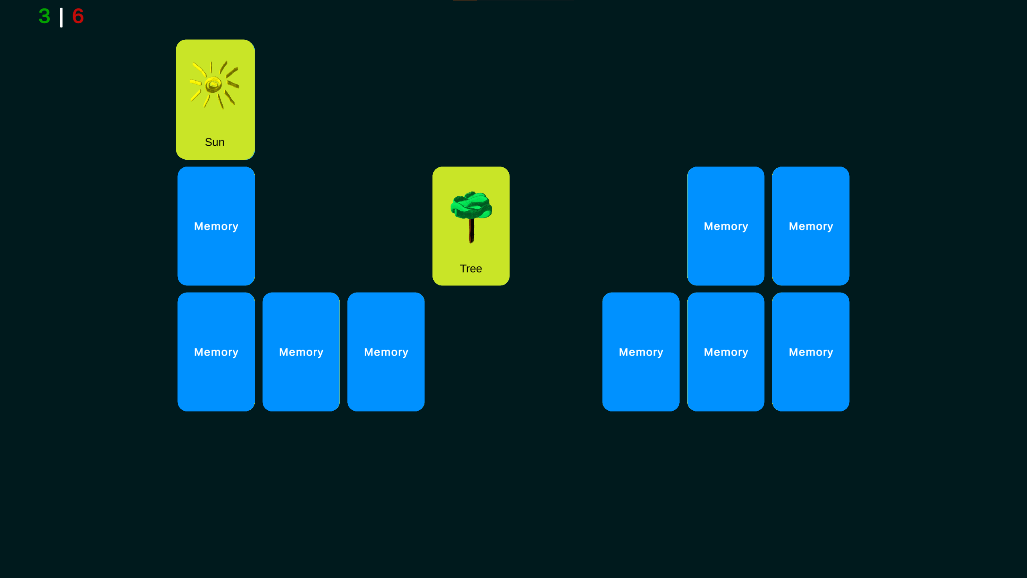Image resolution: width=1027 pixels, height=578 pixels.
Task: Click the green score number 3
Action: click(45, 16)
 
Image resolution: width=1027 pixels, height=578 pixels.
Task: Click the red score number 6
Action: click(78, 16)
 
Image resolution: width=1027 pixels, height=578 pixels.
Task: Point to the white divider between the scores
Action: click(61, 18)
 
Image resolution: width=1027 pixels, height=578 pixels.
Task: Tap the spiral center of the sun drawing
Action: click(213, 85)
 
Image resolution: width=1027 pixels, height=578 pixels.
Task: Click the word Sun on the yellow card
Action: click(215, 142)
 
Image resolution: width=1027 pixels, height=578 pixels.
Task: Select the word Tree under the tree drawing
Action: click(471, 269)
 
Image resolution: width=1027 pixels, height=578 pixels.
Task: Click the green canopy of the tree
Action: click(471, 205)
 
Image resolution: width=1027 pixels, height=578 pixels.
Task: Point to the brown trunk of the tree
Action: click(471, 231)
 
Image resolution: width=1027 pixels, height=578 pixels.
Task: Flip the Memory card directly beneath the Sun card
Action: click(216, 226)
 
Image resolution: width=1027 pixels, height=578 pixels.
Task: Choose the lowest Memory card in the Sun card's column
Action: click(216, 352)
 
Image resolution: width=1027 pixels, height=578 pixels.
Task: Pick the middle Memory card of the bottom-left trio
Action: click(301, 352)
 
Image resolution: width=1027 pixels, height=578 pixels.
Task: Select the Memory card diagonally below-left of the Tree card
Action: click(386, 352)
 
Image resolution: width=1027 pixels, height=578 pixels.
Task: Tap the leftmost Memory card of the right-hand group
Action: click(641, 352)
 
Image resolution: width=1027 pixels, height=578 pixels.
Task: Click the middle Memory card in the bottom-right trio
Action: click(726, 352)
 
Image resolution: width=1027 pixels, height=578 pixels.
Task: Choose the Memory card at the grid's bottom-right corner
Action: click(811, 352)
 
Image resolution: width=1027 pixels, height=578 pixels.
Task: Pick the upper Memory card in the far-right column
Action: click(811, 226)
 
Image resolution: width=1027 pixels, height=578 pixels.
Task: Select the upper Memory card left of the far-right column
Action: click(726, 226)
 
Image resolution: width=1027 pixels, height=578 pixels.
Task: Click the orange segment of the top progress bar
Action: click(465, 0)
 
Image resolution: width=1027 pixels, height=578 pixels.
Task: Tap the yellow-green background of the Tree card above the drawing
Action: click(471, 179)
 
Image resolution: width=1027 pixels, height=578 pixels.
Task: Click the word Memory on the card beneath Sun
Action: click(216, 226)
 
